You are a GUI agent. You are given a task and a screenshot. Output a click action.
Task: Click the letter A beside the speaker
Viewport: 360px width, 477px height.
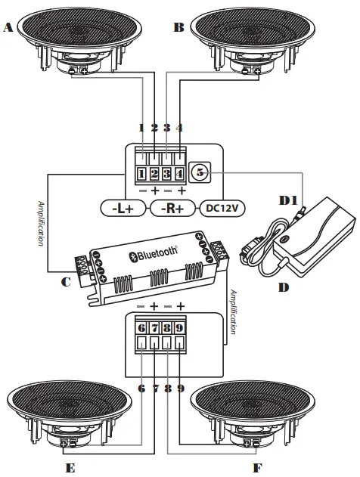tap(8, 28)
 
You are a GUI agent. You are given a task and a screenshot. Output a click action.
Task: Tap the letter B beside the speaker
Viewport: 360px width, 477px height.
tap(179, 28)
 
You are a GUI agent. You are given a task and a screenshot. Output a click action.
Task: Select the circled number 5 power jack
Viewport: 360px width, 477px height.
tap(200, 172)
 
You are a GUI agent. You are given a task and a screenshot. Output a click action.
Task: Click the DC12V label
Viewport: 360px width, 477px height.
tap(222, 208)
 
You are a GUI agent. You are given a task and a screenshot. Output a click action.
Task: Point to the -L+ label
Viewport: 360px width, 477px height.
tap(123, 209)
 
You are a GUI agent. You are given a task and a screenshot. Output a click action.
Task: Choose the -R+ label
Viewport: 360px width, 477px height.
tap(172, 209)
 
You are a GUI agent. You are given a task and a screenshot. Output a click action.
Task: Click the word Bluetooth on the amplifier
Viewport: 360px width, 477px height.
tap(157, 253)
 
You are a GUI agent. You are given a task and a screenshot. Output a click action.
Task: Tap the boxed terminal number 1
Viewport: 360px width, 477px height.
tap(141, 174)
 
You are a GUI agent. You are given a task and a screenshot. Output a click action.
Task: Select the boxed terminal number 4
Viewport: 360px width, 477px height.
tap(179, 174)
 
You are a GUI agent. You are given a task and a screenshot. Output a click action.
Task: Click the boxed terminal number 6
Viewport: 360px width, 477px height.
tap(141, 328)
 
